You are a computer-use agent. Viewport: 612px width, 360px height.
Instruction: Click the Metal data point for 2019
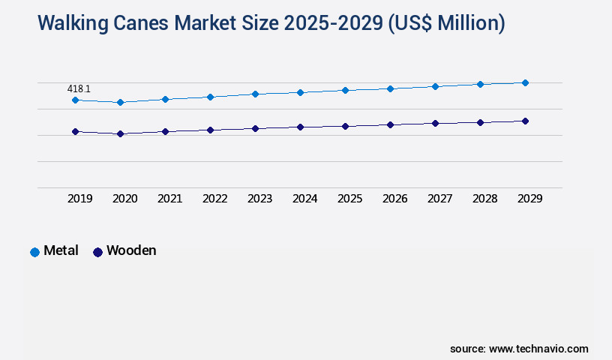point(75,100)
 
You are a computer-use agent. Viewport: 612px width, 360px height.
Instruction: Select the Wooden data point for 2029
point(525,121)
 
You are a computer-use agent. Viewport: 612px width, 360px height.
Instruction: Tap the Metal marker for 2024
point(300,92)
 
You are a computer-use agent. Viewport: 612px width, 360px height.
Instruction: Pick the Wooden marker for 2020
point(120,133)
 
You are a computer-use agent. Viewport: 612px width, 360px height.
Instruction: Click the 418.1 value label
point(79,88)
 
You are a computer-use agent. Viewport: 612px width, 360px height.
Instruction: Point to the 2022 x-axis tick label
point(214,199)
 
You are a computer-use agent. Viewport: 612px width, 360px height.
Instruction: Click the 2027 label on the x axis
point(439,199)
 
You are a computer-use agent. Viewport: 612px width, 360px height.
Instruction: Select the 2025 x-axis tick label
point(349,199)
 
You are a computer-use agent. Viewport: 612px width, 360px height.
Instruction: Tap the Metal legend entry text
point(61,250)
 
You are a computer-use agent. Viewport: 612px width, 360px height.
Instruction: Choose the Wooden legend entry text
point(131,250)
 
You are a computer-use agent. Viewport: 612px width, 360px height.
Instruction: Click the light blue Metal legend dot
point(34,252)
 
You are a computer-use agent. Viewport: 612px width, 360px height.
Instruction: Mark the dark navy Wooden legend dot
point(97,252)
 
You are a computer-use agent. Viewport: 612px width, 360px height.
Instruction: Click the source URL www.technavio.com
point(538,349)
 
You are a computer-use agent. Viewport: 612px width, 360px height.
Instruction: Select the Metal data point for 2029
point(525,82)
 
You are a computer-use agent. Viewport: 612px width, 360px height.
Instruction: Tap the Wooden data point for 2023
point(255,128)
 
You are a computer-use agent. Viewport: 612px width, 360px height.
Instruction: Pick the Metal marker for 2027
point(435,86)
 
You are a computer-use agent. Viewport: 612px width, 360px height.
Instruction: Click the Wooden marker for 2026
point(390,124)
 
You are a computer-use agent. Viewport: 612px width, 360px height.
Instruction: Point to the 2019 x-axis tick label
point(79,199)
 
